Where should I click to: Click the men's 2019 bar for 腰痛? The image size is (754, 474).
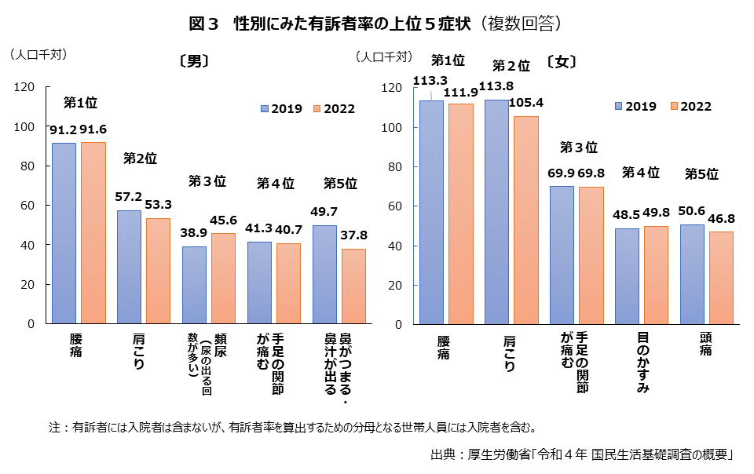pos(64,233)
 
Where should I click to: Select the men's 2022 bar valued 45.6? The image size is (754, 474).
pos(223,279)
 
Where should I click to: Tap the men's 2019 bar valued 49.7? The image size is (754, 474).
pos(324,275)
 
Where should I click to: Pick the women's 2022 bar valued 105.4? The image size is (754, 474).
pos(526,220)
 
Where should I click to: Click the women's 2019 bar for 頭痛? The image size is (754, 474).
pos(692,275)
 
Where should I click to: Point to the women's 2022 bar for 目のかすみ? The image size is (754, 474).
pos(655,275)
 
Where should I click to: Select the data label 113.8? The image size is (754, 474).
pos(500,86)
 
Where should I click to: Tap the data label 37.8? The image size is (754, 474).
pos(353,235)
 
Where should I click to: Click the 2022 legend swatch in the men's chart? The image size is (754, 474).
pos(317,109)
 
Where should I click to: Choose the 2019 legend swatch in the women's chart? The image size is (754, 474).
pos(620,107)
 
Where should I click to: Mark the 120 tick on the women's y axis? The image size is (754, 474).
pos(390,88)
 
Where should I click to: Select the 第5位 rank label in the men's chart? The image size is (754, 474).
pos(340,184)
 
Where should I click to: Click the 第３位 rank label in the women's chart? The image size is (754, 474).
pos(579,148)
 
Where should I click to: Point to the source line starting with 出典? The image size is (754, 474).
pos(581,454)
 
